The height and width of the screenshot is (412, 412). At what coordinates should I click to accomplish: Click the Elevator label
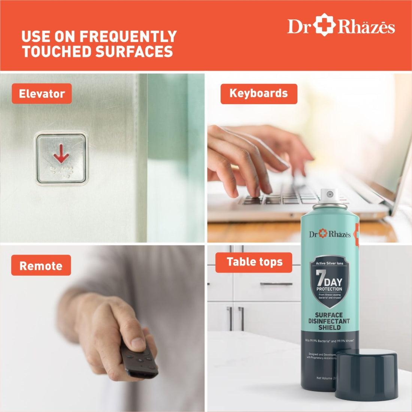[42, 94]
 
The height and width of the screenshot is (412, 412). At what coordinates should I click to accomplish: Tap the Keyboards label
[258, 94]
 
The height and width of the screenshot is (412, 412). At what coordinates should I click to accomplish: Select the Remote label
[41, 266]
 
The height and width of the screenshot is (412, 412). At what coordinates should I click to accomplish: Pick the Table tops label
[254, 262]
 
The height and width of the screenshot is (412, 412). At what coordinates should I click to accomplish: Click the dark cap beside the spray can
[366, 375]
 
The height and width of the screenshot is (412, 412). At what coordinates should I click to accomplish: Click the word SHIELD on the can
[329, 328]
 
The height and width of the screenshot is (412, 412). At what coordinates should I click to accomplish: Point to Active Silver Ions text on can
[329, 264]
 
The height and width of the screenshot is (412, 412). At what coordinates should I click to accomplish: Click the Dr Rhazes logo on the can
[330, 234]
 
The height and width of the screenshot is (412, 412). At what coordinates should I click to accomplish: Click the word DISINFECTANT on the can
[329, 321]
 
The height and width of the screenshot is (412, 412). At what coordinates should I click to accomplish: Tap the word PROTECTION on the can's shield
[329, 289]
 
